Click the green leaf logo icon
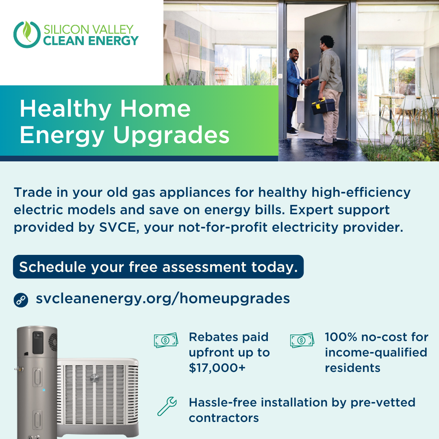pos(27,35)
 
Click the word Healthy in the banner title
pos(65,109)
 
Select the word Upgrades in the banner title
pos(171,135)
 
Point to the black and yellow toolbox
pos(324,106)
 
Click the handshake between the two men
pos(308,82)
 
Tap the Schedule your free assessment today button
pos(158,267)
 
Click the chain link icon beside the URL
pos(21,300)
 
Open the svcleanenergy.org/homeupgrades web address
pos(163,299)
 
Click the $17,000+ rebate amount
pos(217,367)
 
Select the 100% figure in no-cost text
pos(341,337)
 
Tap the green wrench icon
pos(167,406)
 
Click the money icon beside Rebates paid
pos(166,340)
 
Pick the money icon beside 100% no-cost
pos(302,340)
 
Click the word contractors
pos(224,418)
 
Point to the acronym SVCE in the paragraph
pos(117,227)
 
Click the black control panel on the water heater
pos(38,342)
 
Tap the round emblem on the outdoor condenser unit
pos(94,378)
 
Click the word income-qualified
pos(376,352)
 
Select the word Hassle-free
pos(223,402)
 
